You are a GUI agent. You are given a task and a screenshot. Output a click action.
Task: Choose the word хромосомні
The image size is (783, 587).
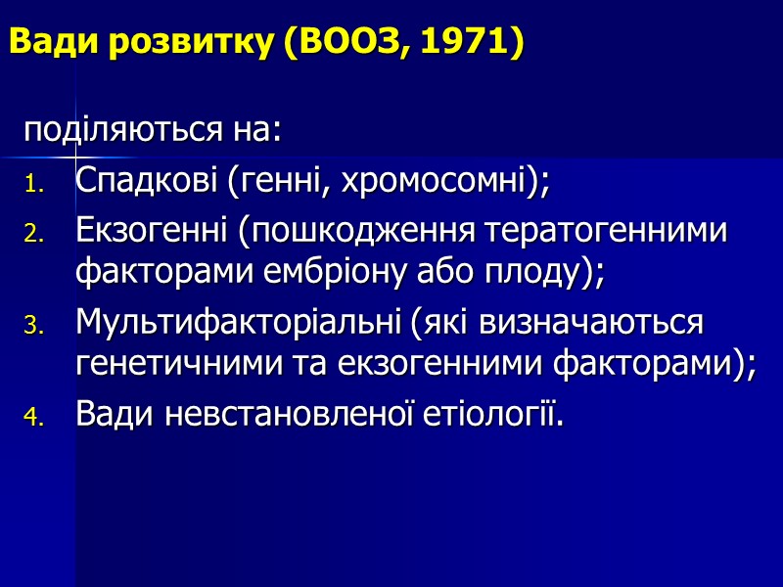coord(445,181)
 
